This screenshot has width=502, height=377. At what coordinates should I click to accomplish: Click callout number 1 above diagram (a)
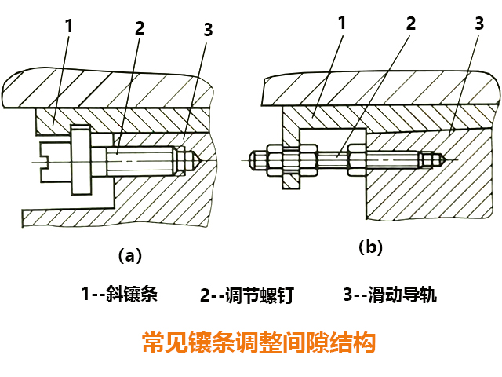69,25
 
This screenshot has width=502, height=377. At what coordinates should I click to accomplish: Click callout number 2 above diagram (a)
140,28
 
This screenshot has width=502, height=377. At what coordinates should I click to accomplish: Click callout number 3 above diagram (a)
207,30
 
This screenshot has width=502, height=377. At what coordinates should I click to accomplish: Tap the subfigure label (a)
129,255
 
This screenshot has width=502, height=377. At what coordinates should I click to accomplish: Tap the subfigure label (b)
370,247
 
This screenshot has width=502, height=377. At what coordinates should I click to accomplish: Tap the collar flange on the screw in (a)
80,160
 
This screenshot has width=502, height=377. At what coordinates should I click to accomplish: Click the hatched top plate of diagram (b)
376,90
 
